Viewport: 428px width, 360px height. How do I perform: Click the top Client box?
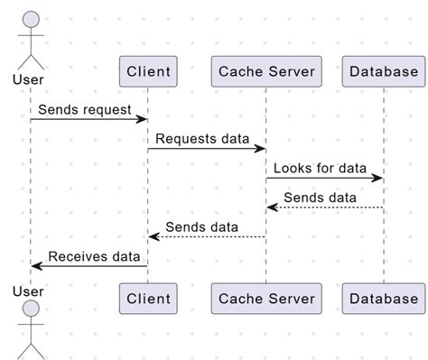click(x=147, y=71)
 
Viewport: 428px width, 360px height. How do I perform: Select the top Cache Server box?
click(x=265, y=71)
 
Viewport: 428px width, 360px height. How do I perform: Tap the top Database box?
click(x=383, y=71)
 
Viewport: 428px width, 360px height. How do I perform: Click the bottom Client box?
click(x=147, y=298)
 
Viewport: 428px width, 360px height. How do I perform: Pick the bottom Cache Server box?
click(x=265, y=298)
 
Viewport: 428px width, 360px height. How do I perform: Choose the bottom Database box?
click(x=383, y=298)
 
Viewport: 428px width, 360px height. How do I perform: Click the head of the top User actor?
click(x=31, y=20)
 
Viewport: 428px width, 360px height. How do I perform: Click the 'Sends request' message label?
click(x=85, y=109)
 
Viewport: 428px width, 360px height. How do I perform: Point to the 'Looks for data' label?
click(x=320, y=168)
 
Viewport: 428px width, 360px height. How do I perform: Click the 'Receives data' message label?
click(x=94, y=256)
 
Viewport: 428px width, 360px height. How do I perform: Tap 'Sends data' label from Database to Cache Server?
click(x=320, y=198)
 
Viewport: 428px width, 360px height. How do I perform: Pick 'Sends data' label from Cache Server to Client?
click(x=201, y=226)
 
